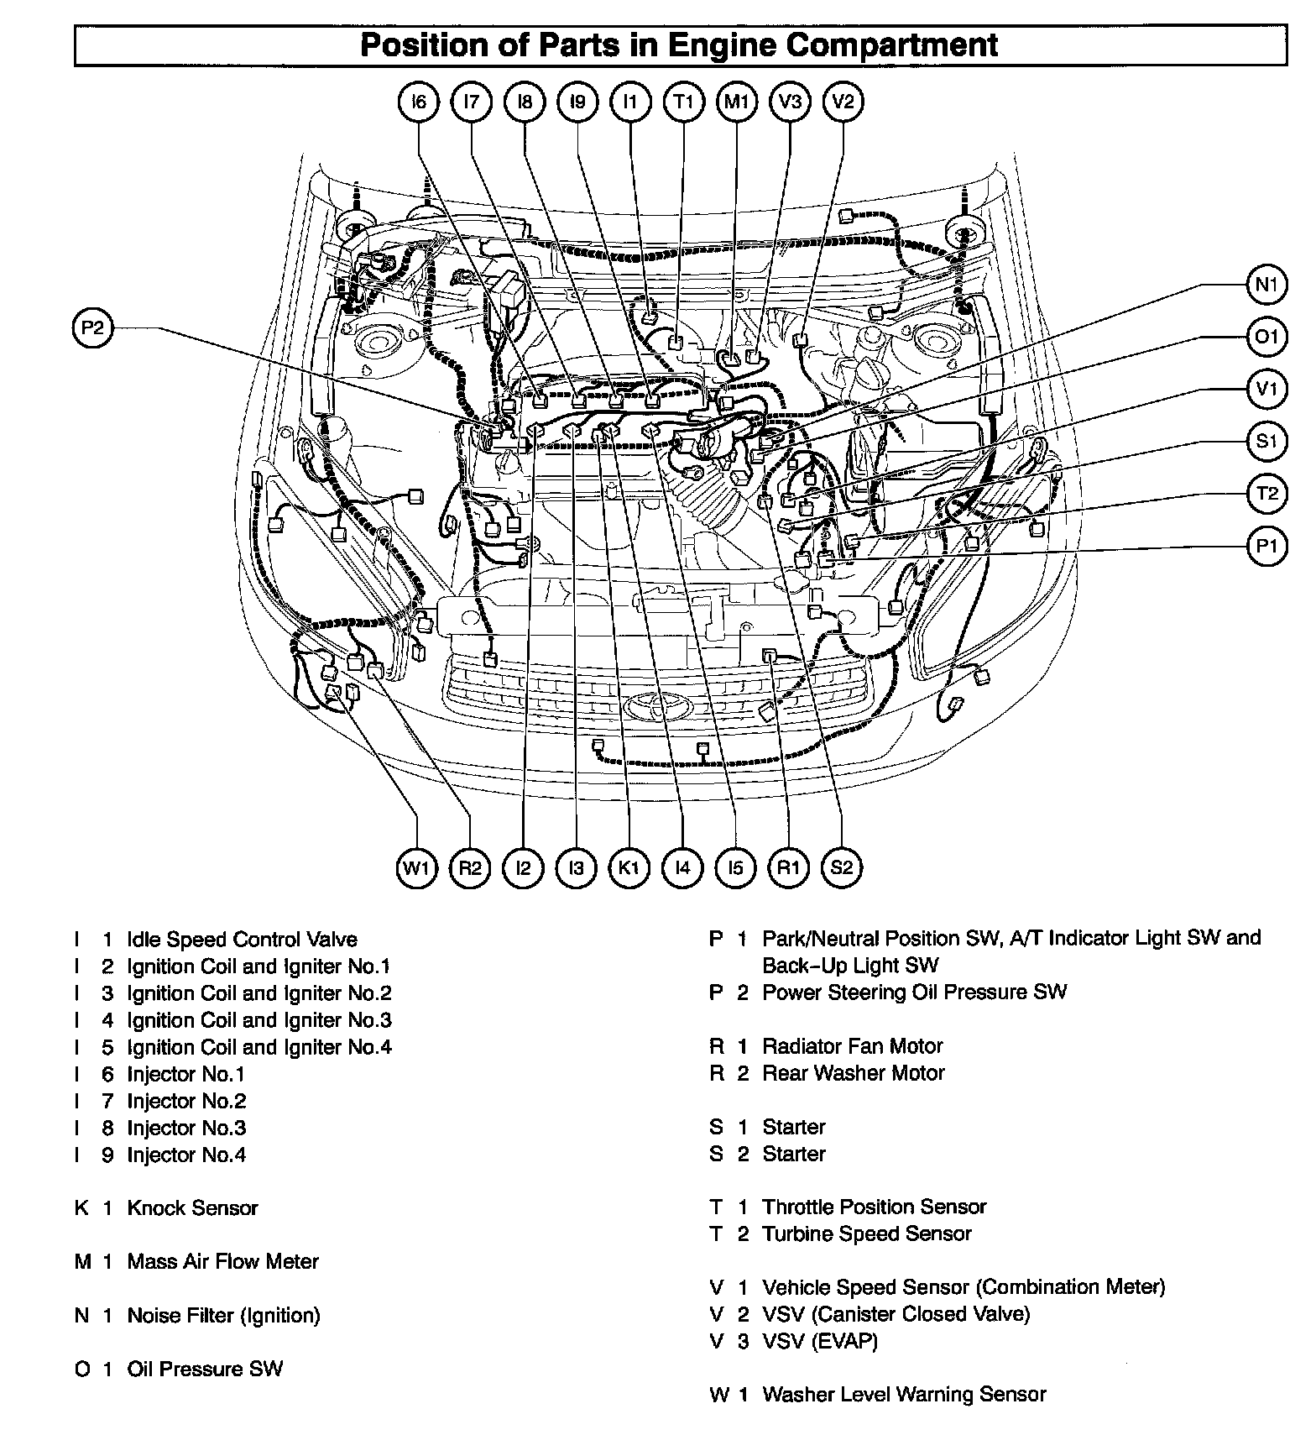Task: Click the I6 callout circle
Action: pyautogui.click(x=419, y=102)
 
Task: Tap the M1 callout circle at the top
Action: pyautogui.click(x=737, y=102)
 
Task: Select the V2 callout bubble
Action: pyautogui.click(x=843, y=102)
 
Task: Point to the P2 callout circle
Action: pyautogui.click(x=92, y=328)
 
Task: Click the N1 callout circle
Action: pyautogui.click(x=1266, y=285)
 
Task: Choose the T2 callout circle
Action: pyautogui.click(x=1266, y=494)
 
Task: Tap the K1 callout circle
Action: pyautogui.click(x=629, y=867)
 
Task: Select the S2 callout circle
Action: pyautogui.click(x=841, y=867)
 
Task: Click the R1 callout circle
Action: pyautogui.click(x=788, y=867)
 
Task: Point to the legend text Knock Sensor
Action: pyautogui.click(x=192, y=1208)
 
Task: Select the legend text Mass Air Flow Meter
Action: pyautogui.click(x=222, y=1262)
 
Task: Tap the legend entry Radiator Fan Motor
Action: pyautogui.click(x=852, y=1046)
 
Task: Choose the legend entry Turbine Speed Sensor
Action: pyautogui.click(x=866, y=1234)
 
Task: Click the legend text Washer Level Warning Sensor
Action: pyautogui.click(x=904, y=1396)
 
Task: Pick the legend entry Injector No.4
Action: pyautogui.click(x=186, y=1155)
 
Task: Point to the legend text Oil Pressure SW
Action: pyautogui.click(x=205, y=1370)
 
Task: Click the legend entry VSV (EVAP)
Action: pyautogui.click(x=819, y=1342)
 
